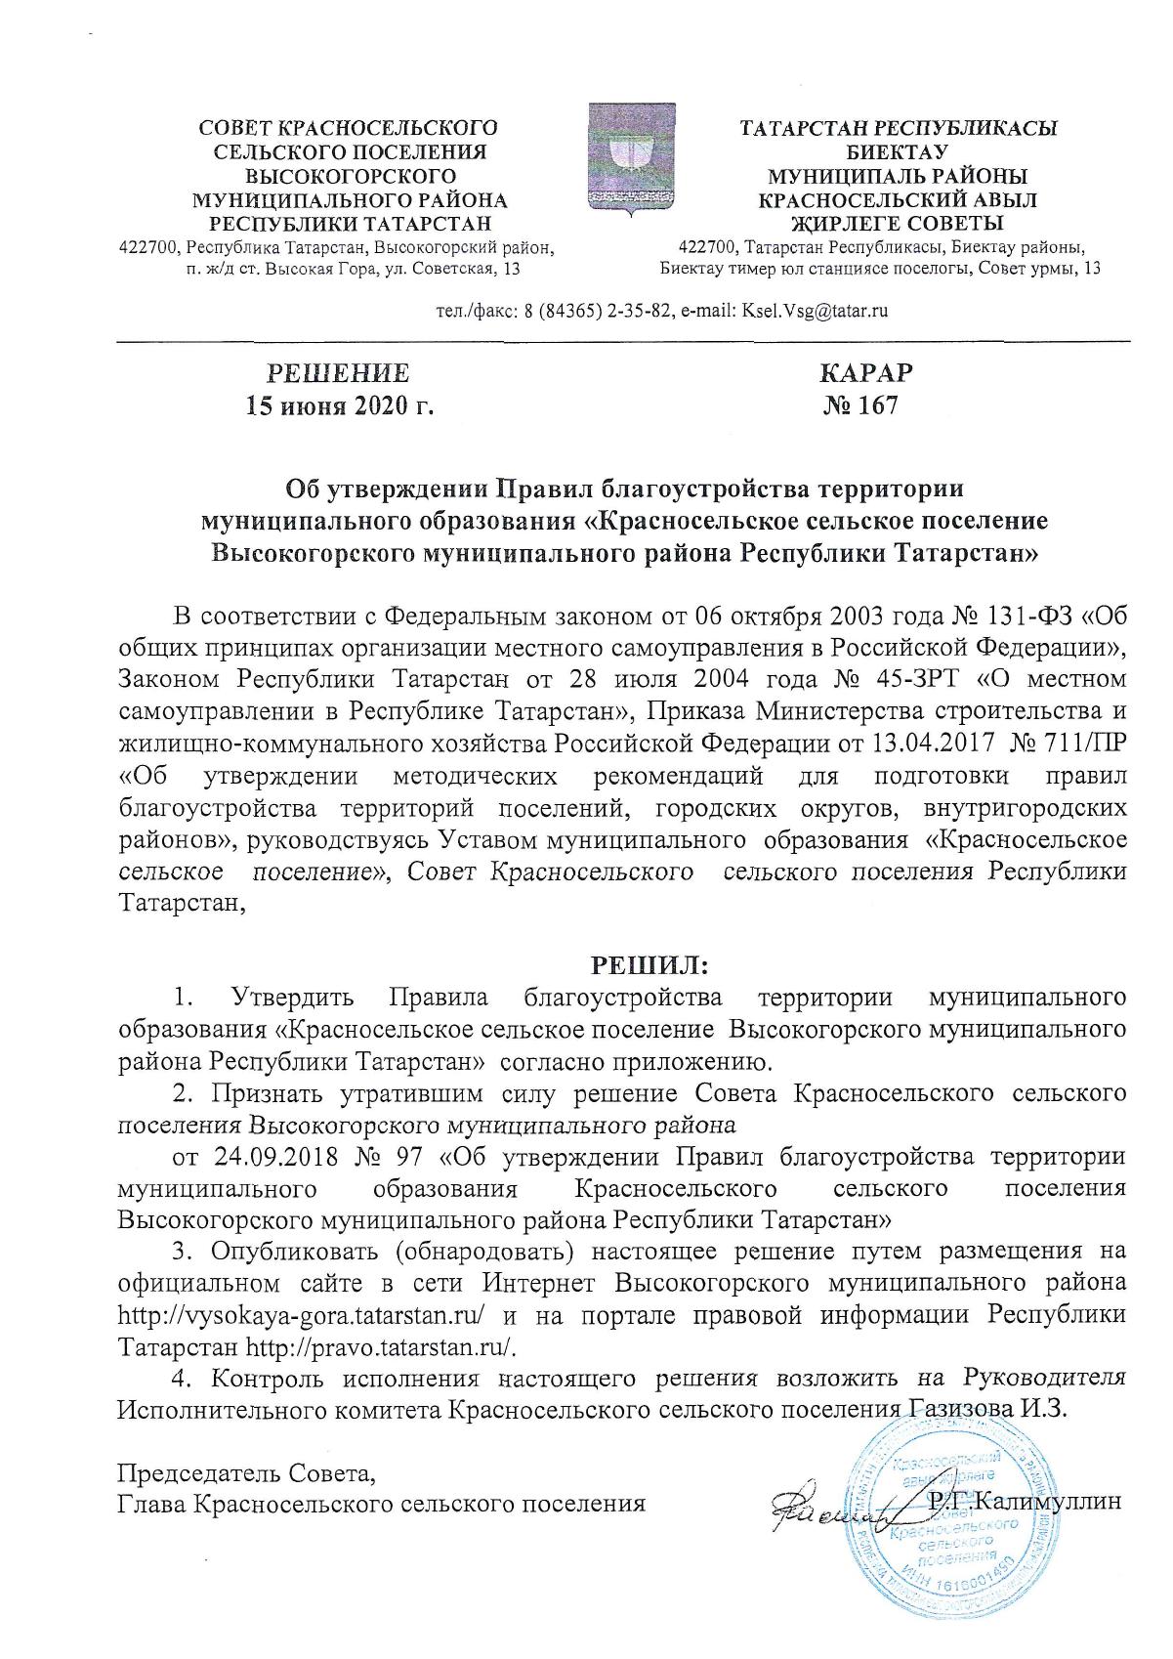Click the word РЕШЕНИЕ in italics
[x=338, y=374]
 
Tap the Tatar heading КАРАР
[x=866, y=374]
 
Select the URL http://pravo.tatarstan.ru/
[x=381, y=1346]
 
